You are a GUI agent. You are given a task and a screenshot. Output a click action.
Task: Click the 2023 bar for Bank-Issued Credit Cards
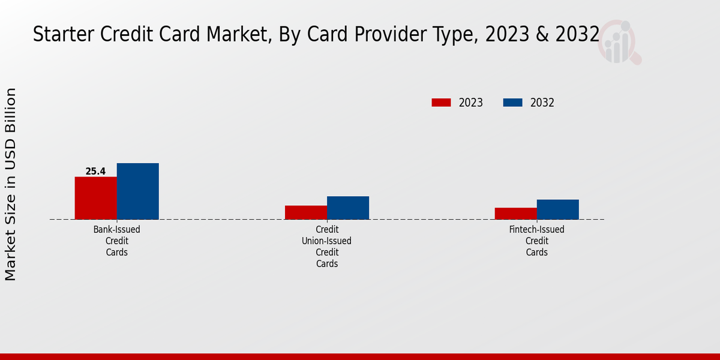tap(95, 198)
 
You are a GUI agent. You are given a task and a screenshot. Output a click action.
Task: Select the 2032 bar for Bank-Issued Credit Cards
tap(137, 191)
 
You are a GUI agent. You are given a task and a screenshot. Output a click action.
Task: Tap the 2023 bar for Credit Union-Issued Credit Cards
tap(305, 212)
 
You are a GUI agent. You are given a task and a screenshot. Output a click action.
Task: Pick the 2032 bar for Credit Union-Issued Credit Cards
tap(347, 208)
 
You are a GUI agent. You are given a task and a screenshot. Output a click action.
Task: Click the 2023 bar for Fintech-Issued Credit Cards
tap(515, 214)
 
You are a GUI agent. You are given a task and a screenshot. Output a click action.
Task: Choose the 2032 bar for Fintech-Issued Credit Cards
tap(557, 209)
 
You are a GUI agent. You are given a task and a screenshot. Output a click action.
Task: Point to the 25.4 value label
tap(95, 172)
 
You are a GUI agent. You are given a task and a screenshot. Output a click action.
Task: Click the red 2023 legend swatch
tap(441, 103)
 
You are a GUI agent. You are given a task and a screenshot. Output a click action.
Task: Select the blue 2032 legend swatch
tap(512, 103)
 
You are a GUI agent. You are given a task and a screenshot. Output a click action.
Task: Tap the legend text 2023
tap(471, 103)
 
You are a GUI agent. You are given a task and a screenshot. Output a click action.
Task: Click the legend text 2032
tap(542, 103)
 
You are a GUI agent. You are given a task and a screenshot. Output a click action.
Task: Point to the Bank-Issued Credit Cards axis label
tap(117, 241)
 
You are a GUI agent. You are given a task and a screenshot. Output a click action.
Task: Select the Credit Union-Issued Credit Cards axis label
tap(327, 247)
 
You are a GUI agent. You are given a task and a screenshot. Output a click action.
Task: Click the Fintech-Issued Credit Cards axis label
tap(537, 241)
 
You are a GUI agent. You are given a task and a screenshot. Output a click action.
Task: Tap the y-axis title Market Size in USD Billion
tap(11, 184)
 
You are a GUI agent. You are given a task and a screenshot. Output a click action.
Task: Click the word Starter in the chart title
tap(59, 35)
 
